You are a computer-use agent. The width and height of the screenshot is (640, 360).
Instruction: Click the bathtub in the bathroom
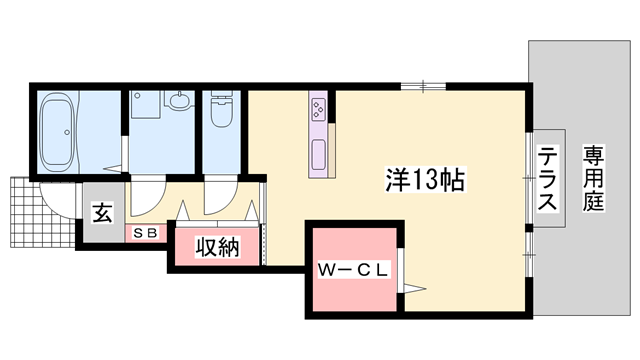click(58, 132)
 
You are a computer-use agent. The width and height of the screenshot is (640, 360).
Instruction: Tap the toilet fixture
click(222, 108)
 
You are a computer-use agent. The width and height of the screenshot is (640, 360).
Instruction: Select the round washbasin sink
click(178, 100)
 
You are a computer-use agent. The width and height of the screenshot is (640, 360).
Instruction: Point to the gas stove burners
click(318, 107)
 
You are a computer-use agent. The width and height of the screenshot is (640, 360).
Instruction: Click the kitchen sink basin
click(318, 154)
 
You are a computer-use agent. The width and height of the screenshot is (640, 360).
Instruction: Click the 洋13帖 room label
click(425, 180)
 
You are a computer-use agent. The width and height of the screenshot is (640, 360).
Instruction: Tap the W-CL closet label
click(353, 270)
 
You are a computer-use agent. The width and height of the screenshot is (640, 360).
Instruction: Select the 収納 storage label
click(217, 247)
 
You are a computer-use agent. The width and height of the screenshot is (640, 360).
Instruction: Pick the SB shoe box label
click(145, 233)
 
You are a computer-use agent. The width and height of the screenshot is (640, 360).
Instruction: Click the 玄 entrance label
click(102, 213)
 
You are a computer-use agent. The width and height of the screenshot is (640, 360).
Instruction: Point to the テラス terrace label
click(547, 178)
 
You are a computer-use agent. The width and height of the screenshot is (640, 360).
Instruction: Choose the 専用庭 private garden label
click(593, 178)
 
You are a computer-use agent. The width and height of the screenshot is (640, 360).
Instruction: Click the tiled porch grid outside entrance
click(41, 212)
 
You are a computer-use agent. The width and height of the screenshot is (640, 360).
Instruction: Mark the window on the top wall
click(423, 86)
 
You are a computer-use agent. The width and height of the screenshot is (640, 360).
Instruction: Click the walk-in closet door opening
click(401, 270)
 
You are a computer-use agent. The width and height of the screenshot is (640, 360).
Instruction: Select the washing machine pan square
click(145, 104)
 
